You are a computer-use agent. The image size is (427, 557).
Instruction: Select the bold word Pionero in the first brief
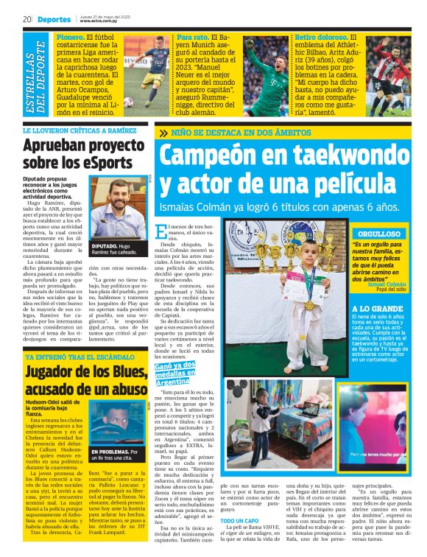[x=70, y=36]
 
